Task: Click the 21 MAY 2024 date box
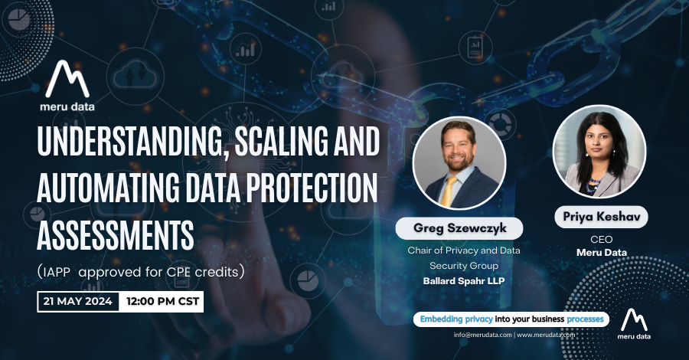coord(77,301)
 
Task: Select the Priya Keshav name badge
coord(601,218)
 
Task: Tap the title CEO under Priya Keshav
coord(602,240)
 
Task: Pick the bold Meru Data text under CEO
coord(602,253)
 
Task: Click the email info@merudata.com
coord(482,335)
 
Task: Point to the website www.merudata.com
coord(547,335)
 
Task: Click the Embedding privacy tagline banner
coord(510,319)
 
